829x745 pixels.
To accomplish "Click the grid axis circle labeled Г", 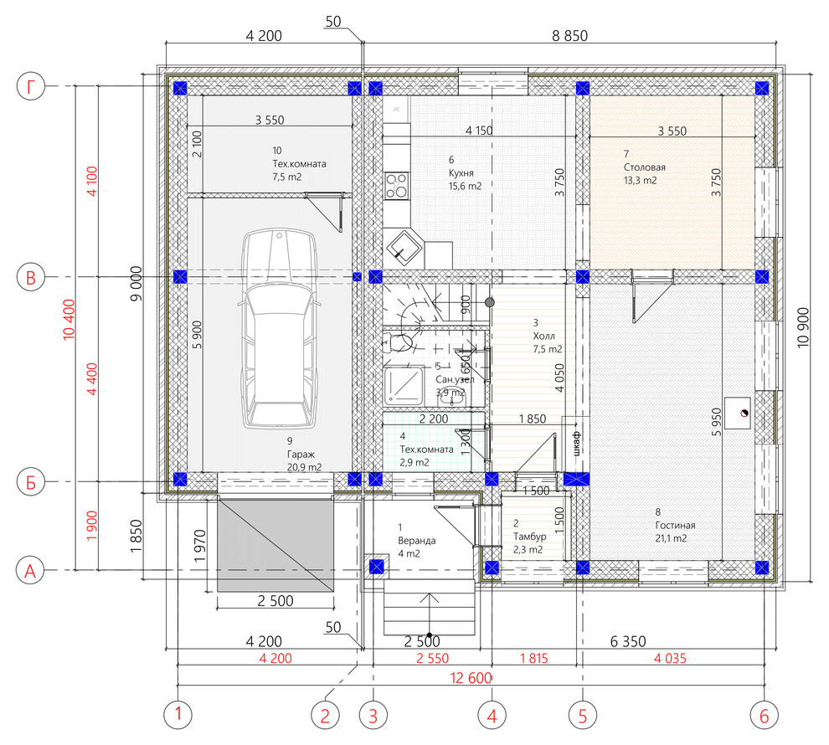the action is pos(31,87).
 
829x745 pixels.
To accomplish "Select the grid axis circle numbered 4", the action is pos(492,716).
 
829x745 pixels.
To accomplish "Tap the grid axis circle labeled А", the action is pos(31,571).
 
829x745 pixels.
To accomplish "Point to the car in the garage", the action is pos(279,327).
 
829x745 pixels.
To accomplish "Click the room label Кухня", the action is pos(461,172).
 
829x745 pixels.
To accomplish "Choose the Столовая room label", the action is pos(645,167).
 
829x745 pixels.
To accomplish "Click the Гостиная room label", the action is pos(675,525).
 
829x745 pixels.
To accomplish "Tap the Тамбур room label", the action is pos(529,537).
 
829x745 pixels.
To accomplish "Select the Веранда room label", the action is pos(417,541).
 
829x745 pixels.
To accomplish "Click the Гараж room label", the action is pos(301,454).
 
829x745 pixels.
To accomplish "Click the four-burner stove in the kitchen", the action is pos(397,185).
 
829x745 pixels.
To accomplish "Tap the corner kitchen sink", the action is pos(404,247).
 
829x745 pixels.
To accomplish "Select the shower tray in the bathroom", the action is pos(404,387).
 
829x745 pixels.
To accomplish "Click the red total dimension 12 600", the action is pos(471,677).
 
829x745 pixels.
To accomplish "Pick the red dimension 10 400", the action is pos(69,319).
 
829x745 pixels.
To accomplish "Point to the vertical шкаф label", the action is pos(576,442).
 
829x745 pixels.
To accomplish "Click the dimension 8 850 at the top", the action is pos(570,35).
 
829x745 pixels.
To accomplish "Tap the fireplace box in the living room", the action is pos(738,414).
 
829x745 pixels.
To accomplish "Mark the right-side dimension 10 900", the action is pos(802,327).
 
